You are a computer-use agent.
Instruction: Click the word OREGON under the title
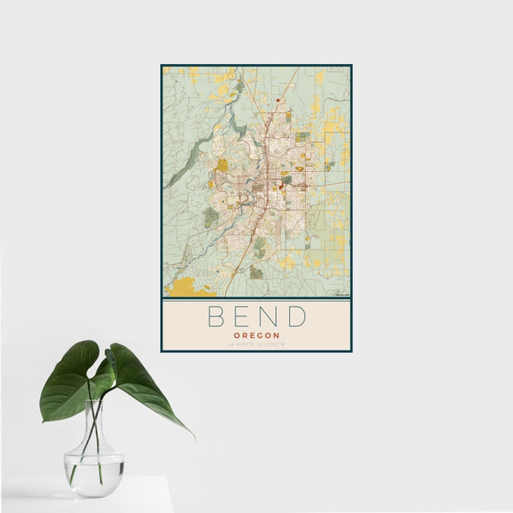256,335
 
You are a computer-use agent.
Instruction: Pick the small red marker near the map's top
278,100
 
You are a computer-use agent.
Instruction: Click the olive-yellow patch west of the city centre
222,165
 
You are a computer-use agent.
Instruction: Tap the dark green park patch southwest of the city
210,218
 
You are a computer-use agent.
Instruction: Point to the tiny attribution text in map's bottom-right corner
340,296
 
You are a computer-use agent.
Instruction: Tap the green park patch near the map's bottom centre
256,272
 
